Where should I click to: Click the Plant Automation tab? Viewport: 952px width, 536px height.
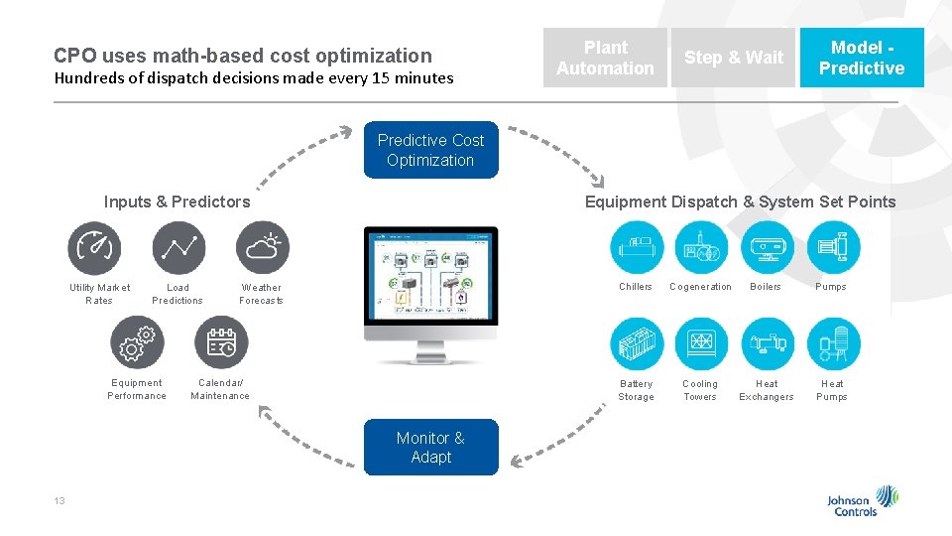pos(605,58)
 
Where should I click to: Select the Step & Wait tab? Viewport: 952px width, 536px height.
pos(734,58)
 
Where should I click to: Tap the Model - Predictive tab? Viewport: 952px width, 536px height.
pos(861,58)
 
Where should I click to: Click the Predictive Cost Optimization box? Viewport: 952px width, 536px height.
pos(430,151)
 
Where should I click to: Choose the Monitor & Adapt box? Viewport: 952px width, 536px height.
pos(430,448)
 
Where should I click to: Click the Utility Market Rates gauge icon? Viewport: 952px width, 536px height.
pos(94,248)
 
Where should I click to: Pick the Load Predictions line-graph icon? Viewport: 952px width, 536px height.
pos(178,248)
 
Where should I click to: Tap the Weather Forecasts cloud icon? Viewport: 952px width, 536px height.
pos(263,248)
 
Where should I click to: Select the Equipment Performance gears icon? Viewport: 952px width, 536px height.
pos(137,342)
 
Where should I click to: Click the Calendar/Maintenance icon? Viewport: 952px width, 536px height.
pos(221,342)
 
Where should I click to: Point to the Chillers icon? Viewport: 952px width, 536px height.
pos(637,247)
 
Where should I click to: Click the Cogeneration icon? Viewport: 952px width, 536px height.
pos(701,247)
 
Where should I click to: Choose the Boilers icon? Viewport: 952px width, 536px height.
pos(767,247)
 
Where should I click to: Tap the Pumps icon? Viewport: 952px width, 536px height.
pos(833,247)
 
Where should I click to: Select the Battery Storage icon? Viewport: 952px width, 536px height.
pos(637,344)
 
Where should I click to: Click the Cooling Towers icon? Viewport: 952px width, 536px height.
pos(701,344)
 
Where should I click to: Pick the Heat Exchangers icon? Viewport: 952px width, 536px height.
pos(767,344)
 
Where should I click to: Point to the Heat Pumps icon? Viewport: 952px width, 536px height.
pos(833,344)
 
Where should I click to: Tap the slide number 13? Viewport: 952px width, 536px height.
pos(59,501)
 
